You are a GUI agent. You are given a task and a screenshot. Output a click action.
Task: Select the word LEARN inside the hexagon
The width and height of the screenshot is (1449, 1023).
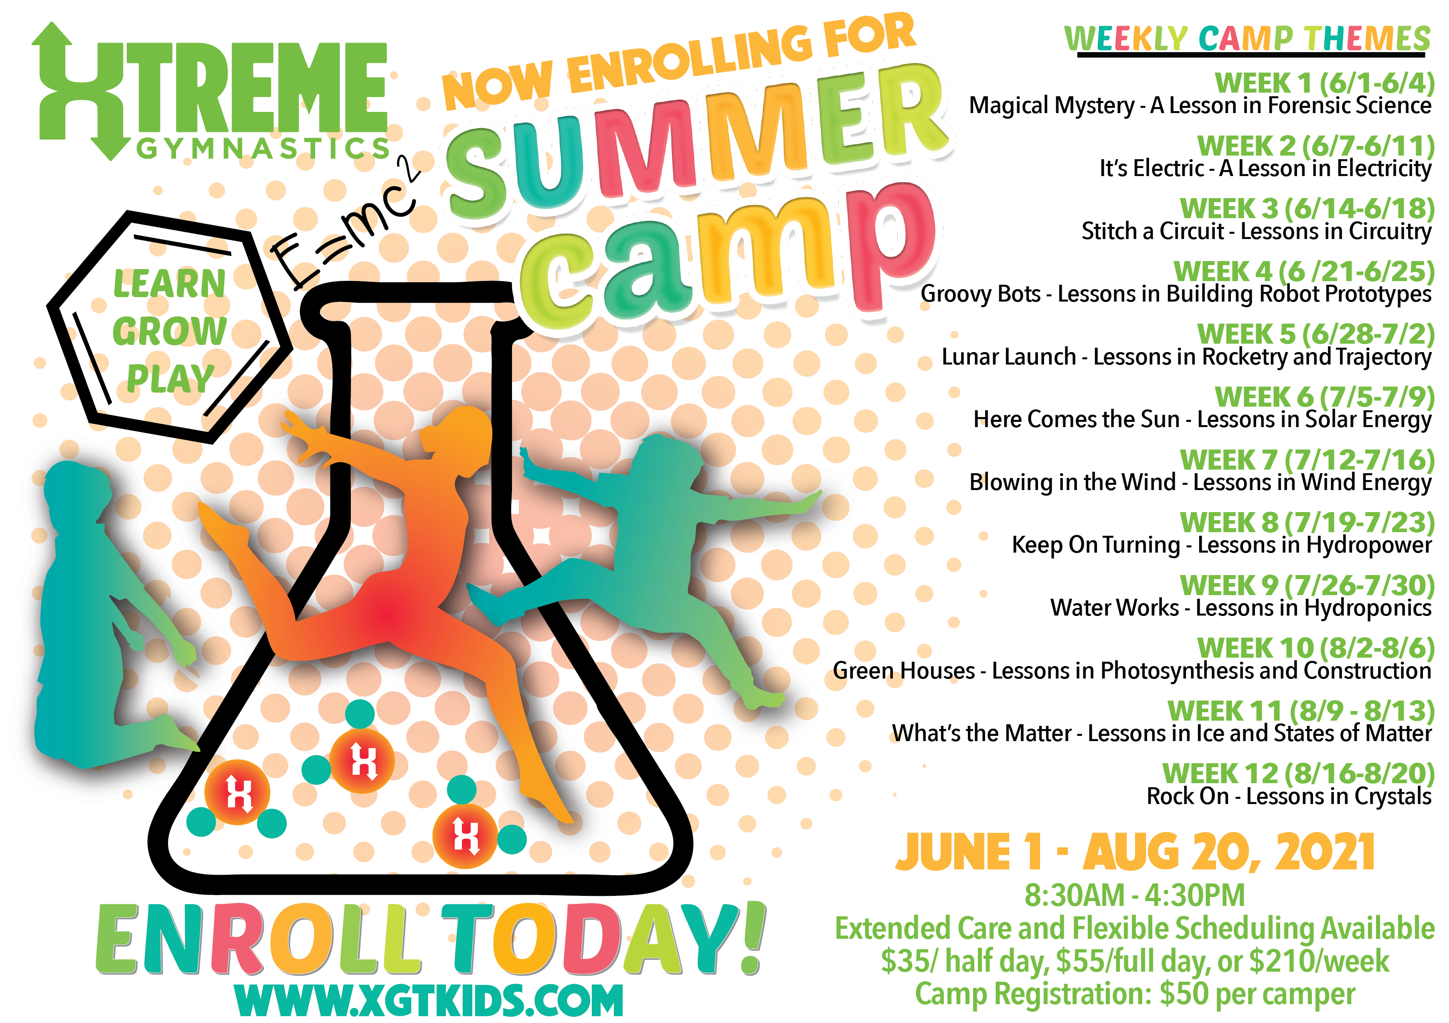[x=169, y=284]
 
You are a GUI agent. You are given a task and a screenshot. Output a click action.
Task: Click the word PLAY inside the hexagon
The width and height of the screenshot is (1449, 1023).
[x=170, y=379]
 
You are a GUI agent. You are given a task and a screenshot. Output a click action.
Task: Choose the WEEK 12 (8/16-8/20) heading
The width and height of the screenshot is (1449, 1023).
[x=1299, y=774]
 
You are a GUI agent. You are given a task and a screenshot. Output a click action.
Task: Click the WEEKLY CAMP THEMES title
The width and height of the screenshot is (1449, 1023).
[x=1247, y=39]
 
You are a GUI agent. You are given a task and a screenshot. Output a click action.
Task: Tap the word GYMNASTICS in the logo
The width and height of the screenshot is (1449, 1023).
[x=264, y=149]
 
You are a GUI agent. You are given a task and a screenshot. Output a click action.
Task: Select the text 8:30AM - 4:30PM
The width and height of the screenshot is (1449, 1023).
[x=1134, y=895]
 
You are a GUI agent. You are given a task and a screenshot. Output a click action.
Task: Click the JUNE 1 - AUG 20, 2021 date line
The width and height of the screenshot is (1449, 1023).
[x=1135, y=852]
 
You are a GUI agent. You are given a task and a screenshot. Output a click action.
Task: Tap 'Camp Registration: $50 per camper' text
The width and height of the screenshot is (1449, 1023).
[x=1135, y=994]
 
